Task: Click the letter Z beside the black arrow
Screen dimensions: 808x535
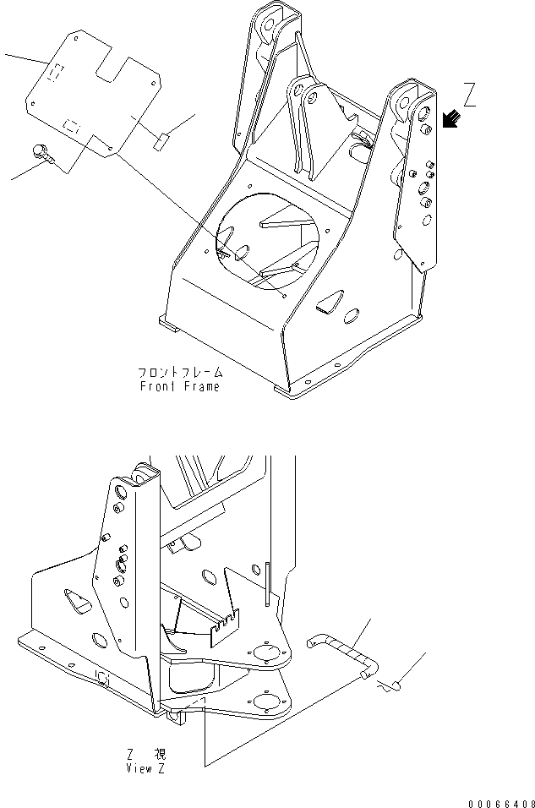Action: (x=469, y=95)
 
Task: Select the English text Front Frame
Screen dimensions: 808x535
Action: (x=179, y=386)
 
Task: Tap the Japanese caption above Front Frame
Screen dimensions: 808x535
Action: (x=179, y=372)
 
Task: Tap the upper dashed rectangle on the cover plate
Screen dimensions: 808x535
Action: (x=53, y=74)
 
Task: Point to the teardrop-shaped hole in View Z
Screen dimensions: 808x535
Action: (x=79, y=602)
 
